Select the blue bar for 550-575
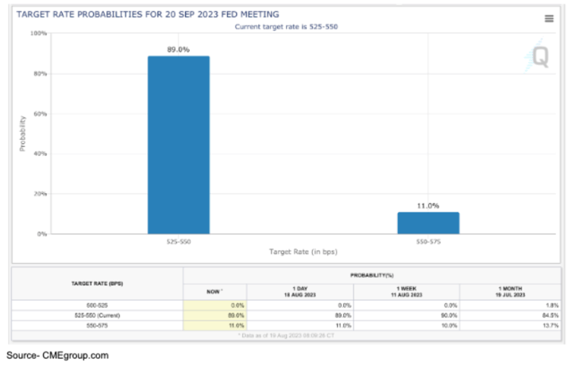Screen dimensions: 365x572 (427, 223)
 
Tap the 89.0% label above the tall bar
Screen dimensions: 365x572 (178, 49)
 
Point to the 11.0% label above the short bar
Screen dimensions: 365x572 (427, 205)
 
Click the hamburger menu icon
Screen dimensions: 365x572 (549, 18)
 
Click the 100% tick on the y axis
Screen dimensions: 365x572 (39, 33)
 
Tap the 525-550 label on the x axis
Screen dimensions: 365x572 (178, 241)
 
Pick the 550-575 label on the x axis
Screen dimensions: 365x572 (427, 241)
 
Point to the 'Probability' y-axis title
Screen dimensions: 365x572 (21, 134)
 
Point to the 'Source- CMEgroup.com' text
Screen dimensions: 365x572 (56, 355)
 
